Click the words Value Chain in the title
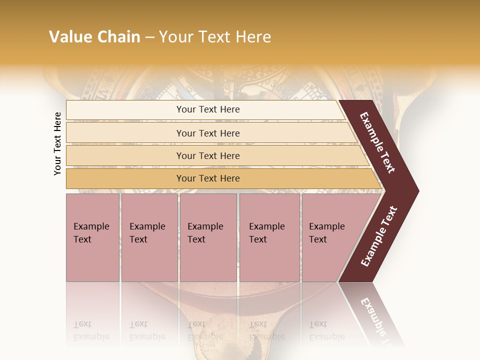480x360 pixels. pyautogui.click(x=94, y=37)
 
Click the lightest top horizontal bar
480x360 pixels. pyautogui.click(x=125, y=110)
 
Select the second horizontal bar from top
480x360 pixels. pyautogui.click(x=125, y=133)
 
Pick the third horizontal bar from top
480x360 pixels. pyautogui.click(x=125, y=155)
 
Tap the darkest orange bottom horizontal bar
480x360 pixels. pyautogui.click(x=125, y=178)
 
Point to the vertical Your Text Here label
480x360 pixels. pyautogui.click(x=57, y=143)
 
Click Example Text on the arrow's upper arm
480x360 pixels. pyautogui.click(x=377, y=142)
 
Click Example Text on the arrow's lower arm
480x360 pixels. pyautogui.click(x=379, y=236)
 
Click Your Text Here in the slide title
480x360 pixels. pyautogui.click(x=215, y=37)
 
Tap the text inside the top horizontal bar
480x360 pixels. pyautogui.click(x=208, y=109)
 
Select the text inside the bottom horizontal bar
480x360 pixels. pyautogui.click(x=208, y=178)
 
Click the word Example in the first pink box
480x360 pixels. pyautogui.click(x=91, y=226)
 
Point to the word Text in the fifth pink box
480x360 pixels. pyautogui.click(x=318, y=239)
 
